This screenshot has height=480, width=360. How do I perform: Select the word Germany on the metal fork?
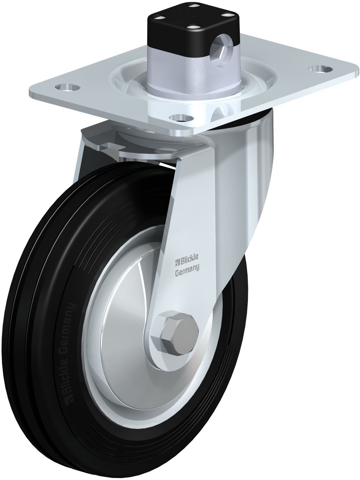[187, 268]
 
